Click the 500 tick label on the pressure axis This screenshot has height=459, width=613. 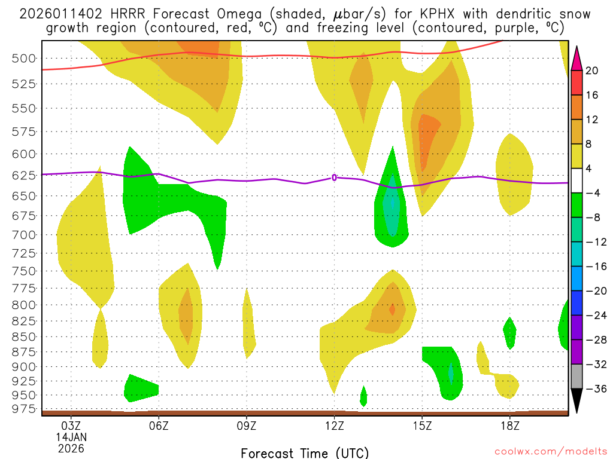(x=22, y=58)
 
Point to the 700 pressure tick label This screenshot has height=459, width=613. (x=22, y=234)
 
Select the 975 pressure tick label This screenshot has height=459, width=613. (x=22, y=409)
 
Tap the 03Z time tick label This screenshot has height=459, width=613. (x=71, y=426)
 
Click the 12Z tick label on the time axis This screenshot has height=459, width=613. (x=334, y=426)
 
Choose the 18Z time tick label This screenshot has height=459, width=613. (x=509, y=426)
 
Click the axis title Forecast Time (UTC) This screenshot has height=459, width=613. (x=305, y=452)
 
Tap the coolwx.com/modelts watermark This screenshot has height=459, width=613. (x=544, y=452)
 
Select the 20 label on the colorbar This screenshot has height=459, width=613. (x=592, y=71)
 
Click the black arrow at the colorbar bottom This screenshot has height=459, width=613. (x=576, y=400)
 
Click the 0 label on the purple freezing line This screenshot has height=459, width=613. (x=334, y=177)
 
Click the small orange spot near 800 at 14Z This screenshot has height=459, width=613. (x=392, y=309)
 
